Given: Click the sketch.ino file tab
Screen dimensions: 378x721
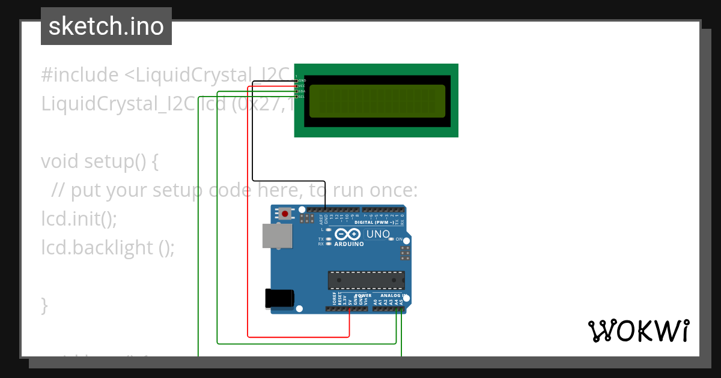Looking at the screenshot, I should (x=106, y=26).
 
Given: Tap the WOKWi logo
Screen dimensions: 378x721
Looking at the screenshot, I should (x=638, y=331).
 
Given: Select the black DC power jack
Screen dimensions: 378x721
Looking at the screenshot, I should (x=280, y=299).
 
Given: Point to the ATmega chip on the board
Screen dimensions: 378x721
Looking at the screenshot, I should (x=366, y=280).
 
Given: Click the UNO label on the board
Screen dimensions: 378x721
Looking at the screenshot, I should (x=378, y=234).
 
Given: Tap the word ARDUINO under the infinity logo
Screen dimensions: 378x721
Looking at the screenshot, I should (x=348, y=244).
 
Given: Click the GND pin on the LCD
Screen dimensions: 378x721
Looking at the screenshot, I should (x=297, y=80).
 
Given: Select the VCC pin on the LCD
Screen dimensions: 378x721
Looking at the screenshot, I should (x=297, y=86).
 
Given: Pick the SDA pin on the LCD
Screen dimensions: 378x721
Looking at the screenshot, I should (x=297, y=91).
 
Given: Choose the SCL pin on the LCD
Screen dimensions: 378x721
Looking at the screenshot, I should (x=297, y=97).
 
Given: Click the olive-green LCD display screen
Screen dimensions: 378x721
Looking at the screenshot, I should (x=377, y=101).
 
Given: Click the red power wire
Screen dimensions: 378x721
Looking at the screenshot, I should (x=248, y=240).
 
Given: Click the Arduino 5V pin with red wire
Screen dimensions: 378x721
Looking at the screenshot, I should (x=350, y=309).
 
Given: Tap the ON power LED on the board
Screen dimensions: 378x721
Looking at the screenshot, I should (x=391, y=239).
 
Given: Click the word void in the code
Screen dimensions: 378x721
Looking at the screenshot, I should (x=60, y=161).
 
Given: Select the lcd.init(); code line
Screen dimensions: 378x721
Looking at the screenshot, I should (x=79, y=219).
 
